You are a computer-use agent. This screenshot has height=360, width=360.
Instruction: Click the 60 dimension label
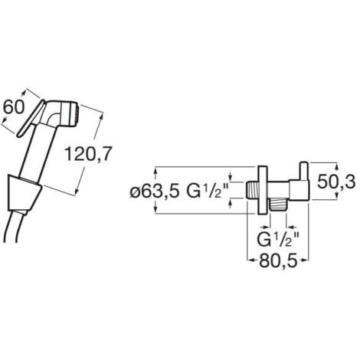coord(13,107)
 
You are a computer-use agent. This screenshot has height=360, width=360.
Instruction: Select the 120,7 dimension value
coord(88,154)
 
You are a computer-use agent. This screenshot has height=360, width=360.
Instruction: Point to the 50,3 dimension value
coord(336,182)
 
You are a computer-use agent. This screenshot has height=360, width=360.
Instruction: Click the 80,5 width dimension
coord(279,261)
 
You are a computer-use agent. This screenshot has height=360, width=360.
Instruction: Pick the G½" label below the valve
coord(278,239)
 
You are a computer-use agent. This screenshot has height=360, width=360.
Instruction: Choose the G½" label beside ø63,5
coord(207,191)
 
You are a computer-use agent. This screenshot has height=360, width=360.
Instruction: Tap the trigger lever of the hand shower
coord(31,118)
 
